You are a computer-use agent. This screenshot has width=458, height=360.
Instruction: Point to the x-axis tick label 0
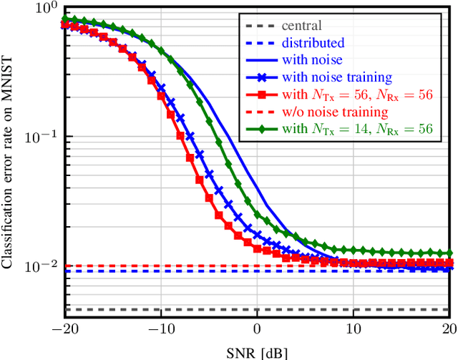(257, 334)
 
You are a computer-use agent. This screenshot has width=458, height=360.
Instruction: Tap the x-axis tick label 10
(352, 334)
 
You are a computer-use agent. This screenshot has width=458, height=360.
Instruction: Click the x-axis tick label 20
(448, 334)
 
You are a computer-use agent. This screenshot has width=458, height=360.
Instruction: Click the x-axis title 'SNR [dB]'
(258, 352)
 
